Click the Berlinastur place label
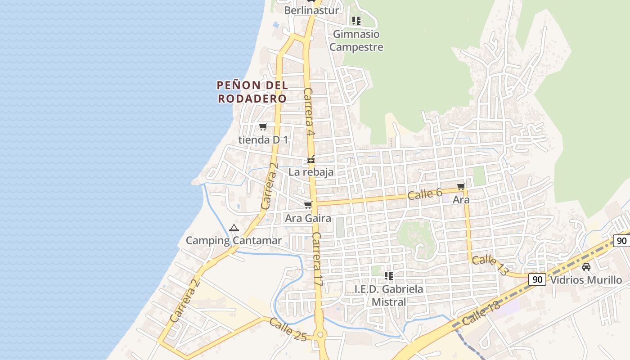(311, 10)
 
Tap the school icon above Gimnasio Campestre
(356, 21)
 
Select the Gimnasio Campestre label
(356, 40)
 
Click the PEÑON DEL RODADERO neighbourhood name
(252, 92)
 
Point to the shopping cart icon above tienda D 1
(263, 127)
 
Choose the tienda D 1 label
(263, 140)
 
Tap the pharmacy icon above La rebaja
(311, 160)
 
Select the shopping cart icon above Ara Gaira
(308, 205)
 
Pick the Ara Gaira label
(308, 219)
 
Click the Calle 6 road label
(425, 194)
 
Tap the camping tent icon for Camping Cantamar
(234, 228)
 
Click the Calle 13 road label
(490, 265)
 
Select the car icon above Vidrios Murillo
(586, 267)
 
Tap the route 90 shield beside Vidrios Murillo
(537, 279)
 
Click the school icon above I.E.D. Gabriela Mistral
(389, 275)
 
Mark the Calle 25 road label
(288, 329)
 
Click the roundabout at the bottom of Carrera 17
(320, 335)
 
